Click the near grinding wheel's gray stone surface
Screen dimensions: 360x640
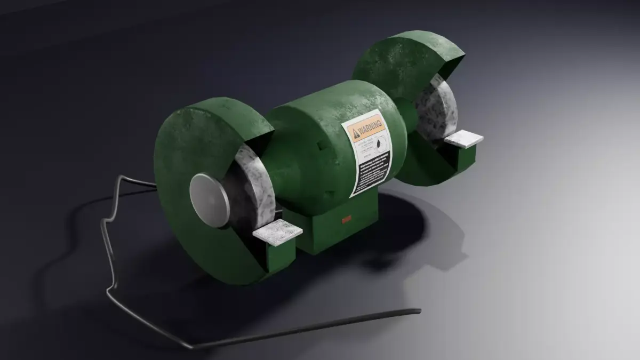click(x=251, y=181)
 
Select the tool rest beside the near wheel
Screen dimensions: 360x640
click(x=277, y=234)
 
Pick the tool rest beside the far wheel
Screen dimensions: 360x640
click(x=463, y=139)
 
